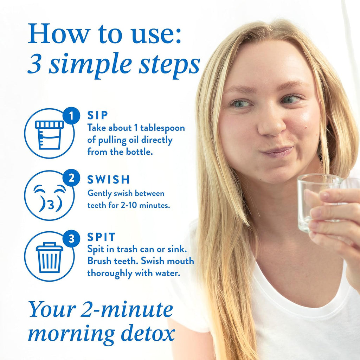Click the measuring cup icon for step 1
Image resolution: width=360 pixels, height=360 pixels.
(x=49, y=135)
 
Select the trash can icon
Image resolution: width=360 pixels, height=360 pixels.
(x=49, y=258)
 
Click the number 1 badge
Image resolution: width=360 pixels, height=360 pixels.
(x=71, y=115)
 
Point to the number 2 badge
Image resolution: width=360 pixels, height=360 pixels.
(x=71, y=178)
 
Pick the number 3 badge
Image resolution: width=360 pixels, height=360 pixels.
(x=71, y=239)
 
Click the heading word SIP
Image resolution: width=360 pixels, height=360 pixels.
(x=98, y=115)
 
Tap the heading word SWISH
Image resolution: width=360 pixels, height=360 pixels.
(x=109, y=180)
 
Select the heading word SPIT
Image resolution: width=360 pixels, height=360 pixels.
(x=101, y=237)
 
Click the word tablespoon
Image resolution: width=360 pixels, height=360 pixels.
(x=162, y=128)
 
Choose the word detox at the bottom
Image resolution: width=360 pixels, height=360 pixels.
(x=148, y=333)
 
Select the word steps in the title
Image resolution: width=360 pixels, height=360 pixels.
(x=169, y=65)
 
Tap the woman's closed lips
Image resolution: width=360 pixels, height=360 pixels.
(x=277, y=151)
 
